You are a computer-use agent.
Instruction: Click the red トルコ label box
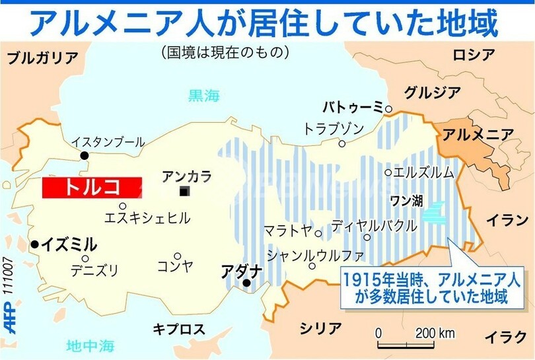(92, 187)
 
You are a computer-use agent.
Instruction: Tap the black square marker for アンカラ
(186, 192)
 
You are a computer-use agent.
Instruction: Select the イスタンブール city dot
(85, 155)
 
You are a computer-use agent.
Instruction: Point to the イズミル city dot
(34, 244)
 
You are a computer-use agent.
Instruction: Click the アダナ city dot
(246, 283)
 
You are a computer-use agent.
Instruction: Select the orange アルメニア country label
(478, 134)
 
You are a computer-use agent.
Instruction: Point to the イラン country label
(507, 220)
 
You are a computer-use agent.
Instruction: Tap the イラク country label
(505, 337)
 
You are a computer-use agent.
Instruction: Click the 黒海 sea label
(203, 96)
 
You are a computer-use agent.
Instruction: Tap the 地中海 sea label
(91, 345)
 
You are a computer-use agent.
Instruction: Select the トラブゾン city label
(333, 128)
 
